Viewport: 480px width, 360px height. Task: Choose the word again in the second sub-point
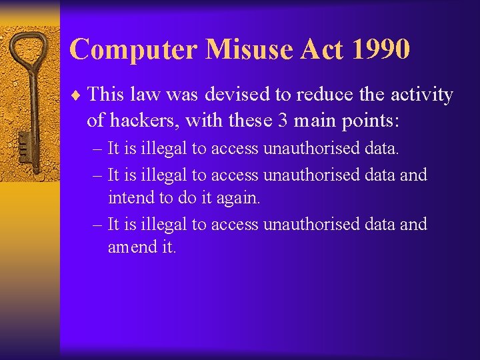click(x=238, y=198)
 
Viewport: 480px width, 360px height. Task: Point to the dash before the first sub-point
click(x=97, y=149)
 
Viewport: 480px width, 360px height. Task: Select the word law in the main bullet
click(x=143, y=95)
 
